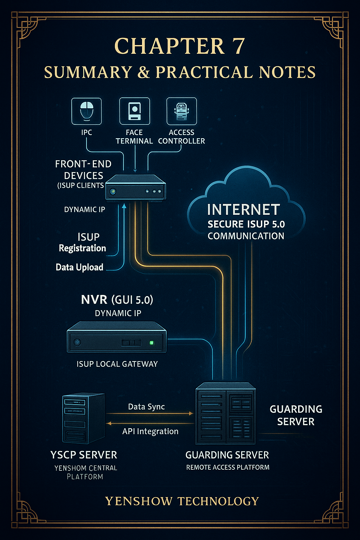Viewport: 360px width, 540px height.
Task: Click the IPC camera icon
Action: (x=86, y=111)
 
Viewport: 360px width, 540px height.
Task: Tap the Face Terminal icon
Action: (x=135, y=111)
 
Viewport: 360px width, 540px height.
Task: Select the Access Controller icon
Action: (x=181, y=111)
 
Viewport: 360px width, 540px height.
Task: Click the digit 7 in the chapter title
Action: (x=238, y=46)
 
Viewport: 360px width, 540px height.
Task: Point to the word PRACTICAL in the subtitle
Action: (x=204, y=72)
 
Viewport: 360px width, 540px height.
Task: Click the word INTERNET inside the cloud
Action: (x=244, y=210)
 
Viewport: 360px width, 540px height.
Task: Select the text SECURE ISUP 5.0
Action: (x=246, y=224)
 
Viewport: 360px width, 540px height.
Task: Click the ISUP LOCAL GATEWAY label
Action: (x=117, y=364)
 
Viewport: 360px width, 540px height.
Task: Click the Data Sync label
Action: (x=146, y=407)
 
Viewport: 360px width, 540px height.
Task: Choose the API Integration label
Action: (x=150, y=431)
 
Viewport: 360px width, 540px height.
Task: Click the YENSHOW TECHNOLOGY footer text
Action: (x=182, y=501)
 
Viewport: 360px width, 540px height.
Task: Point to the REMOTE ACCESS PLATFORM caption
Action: (x=228, y=467)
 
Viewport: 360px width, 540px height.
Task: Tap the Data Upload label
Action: (x=79, y=267)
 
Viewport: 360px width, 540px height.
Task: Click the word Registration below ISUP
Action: (x=82, y=248)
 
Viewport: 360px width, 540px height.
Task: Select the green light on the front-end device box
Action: (x=113, y=192)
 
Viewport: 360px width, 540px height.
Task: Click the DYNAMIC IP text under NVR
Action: (x=118, y=313)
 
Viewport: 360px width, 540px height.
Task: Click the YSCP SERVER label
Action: (x=84, y=455)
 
